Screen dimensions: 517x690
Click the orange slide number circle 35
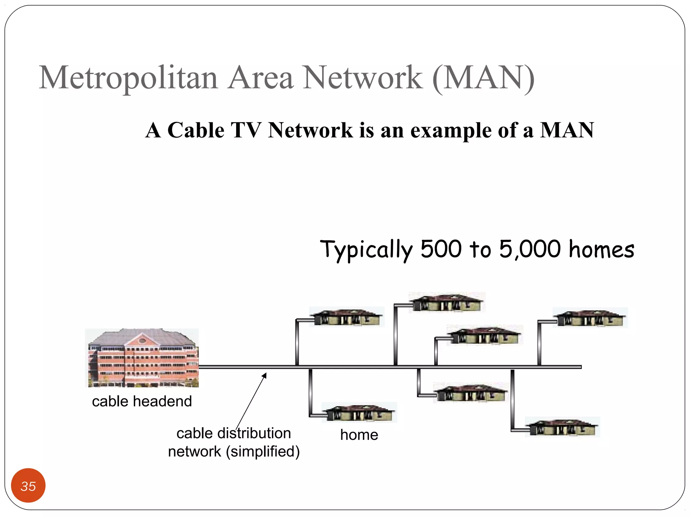click(x=28, y=485)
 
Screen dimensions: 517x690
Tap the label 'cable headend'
click(x=142, y=401)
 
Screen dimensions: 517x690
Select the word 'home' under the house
click(x=359, y=435)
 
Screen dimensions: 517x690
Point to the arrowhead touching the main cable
click(x=265, y=375)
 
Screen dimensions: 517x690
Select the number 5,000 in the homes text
click(x=530, y=249)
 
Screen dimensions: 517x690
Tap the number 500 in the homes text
click(x=441, y=249)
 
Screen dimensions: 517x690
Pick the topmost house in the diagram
click(x=447, y=302)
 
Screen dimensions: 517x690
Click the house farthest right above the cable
click(x=590, y=318)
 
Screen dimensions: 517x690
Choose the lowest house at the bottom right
click(x=562, y=427)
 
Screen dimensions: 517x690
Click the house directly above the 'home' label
click(x=359, y=412)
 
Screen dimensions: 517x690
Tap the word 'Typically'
click(x=366, y=250)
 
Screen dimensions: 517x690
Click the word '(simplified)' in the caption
click(x=263, y=452)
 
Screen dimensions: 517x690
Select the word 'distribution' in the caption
click(x=254, y=433)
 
